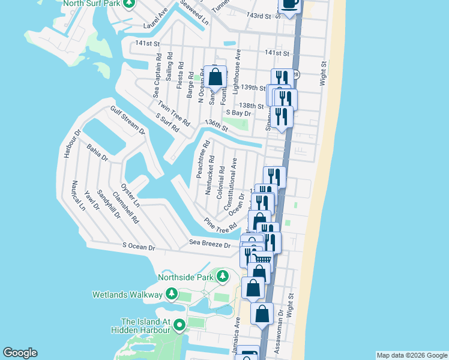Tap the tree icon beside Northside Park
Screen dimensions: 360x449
[223, 277]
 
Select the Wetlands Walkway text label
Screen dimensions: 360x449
[127, 295]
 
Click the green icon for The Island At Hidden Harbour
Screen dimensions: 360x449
[179, 325]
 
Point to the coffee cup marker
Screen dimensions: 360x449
[289, 5]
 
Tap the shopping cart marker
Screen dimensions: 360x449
[262, 260]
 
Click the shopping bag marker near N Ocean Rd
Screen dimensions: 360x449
[215, 77]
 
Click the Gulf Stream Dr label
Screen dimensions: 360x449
[127, 120]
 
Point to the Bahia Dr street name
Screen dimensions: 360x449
[97, 152]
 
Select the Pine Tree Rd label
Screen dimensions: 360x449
[220, 226]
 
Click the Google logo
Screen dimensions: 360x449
[20, 353]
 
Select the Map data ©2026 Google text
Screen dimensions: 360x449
[411, 355]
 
